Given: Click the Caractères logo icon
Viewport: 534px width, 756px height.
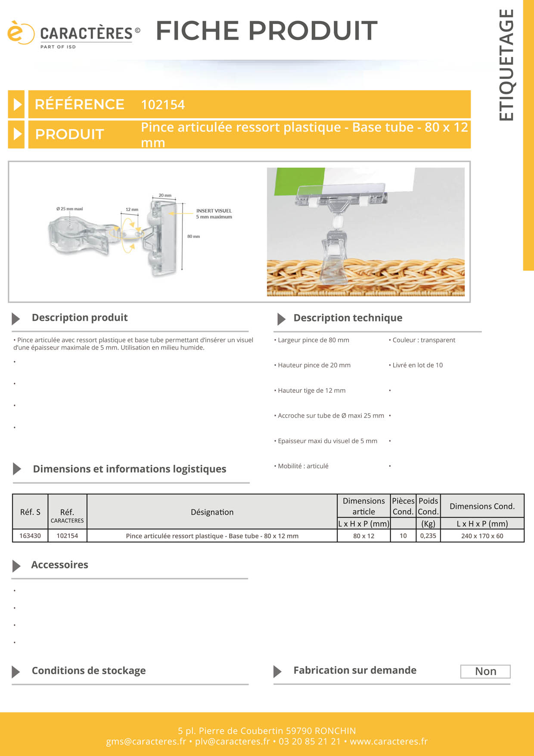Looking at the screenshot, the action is point(20,32).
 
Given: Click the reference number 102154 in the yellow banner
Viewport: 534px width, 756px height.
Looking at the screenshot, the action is point(163,105).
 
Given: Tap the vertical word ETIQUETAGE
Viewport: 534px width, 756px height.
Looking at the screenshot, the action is point(506,65).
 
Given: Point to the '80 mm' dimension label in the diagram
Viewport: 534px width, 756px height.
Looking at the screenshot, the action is point(193,236).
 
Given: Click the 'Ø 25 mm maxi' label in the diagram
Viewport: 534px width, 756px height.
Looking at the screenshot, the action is point(69,209).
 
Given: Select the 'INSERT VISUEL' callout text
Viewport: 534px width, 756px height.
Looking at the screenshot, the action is point(214,211).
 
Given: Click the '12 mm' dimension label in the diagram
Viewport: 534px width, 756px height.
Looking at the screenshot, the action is point(132,209).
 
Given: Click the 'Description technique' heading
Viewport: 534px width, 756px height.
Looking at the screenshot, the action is point(348,318).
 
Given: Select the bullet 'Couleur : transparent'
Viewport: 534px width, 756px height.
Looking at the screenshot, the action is point(422,340).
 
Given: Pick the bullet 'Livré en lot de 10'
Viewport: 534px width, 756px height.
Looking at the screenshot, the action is point(416,365).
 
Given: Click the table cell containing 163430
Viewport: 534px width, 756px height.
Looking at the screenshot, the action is point(30,536).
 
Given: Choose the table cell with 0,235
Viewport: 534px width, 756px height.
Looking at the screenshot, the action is point(428,536).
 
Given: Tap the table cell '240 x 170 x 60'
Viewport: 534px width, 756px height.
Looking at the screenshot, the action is point(482,536).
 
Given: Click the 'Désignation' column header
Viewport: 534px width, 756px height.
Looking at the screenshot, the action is point(212,512).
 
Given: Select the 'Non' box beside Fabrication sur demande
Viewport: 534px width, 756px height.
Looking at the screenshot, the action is point(485,672).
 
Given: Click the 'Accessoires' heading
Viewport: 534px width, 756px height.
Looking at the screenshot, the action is point(59,565).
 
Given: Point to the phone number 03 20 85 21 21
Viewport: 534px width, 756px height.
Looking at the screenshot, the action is point(310,741).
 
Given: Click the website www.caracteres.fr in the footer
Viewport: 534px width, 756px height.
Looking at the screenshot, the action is point(388,741).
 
